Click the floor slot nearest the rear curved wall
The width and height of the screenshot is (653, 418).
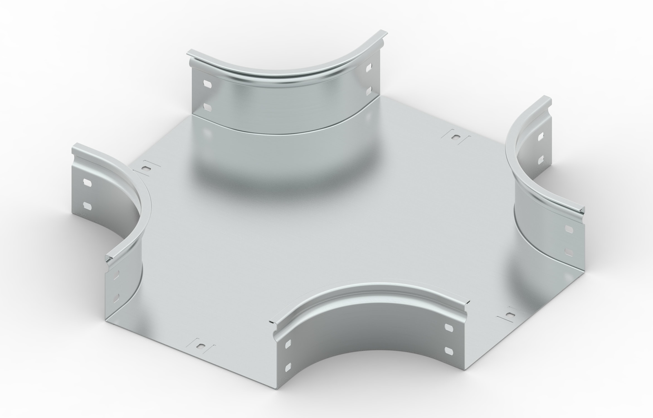tap(456, 137)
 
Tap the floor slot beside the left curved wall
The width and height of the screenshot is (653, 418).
tap(146, 168)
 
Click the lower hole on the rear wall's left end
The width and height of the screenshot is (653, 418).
tap(208, 106)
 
